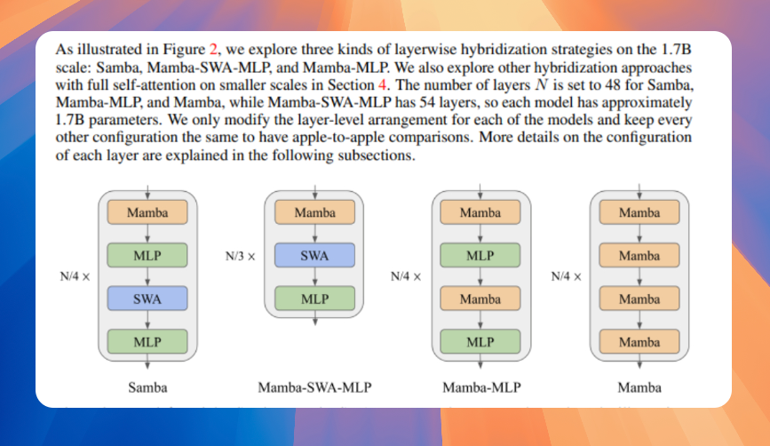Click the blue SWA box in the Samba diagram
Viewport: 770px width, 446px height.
147,299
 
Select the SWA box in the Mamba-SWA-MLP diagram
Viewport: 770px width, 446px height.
314,256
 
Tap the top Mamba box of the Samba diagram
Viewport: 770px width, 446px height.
147,213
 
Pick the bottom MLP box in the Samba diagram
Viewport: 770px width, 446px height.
147,342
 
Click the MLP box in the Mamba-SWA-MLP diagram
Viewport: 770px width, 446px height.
314,299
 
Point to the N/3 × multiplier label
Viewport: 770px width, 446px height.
241,257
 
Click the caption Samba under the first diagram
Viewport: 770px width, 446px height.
147,387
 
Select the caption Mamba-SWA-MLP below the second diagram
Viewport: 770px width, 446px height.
314,387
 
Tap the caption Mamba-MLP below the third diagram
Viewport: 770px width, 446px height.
480,387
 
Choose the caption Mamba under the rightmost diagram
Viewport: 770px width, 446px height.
639,387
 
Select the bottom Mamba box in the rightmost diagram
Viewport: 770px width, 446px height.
639,342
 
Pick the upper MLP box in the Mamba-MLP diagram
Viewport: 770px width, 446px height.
480,256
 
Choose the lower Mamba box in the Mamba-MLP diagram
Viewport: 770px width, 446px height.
480,299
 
